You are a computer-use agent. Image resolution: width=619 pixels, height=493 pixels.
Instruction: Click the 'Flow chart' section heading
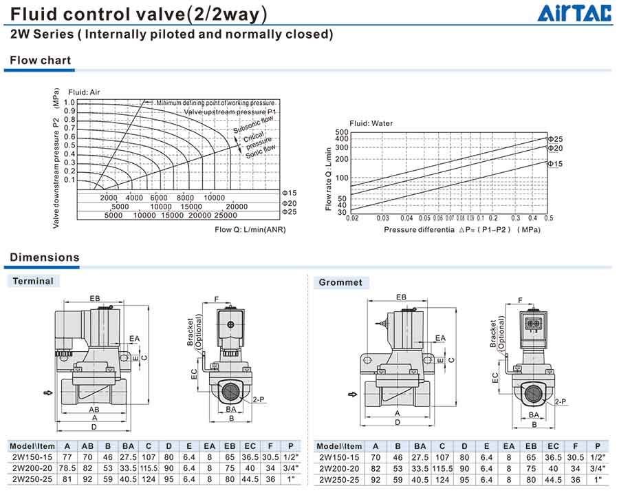(41, 60)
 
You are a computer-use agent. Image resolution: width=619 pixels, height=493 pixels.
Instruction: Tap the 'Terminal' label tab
(33, 281)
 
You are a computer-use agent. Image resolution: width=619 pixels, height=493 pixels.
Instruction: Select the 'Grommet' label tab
(340, 282)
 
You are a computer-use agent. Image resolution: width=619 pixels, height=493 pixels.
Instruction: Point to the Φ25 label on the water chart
(555, 139)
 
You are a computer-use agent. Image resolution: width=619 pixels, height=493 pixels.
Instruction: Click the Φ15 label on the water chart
(555, 164)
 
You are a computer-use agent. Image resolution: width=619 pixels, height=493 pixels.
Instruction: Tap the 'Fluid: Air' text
(84, 92)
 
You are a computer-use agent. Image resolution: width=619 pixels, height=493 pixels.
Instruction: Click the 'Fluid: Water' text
(371, 123)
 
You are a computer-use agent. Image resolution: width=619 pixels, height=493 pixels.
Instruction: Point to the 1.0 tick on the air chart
(69, 103)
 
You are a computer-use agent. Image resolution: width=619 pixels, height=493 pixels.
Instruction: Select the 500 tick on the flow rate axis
(341, 132)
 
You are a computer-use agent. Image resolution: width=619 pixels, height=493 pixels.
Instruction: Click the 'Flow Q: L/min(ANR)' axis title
(250, 229)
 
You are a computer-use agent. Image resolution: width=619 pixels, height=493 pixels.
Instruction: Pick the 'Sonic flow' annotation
(261, 151)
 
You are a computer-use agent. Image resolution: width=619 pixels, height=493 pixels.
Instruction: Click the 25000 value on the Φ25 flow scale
(226, 215)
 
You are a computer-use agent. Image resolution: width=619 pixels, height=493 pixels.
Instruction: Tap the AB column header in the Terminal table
(87, 446)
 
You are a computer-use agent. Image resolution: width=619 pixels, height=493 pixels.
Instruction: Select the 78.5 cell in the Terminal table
(67, 468)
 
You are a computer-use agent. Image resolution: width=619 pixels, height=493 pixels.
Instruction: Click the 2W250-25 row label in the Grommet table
(339, 479)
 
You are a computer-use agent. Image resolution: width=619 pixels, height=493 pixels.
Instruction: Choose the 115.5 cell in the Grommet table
(442, 468)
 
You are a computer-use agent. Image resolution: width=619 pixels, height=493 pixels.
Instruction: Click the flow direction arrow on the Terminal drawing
(47, 392)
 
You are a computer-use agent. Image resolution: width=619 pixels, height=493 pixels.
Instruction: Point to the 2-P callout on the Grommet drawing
(560, 401)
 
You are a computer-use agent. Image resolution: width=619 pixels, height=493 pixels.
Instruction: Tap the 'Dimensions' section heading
(45, 258)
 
